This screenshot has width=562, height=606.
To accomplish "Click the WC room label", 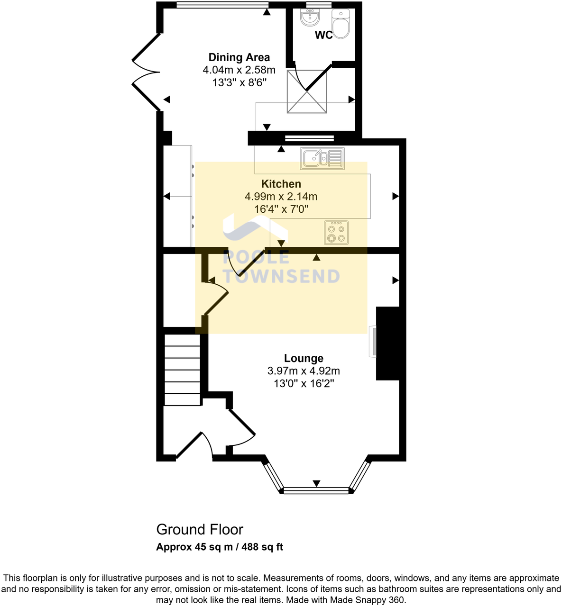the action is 323,36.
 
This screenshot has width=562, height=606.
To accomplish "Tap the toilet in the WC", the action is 341,24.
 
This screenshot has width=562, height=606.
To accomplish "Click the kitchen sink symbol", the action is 322,158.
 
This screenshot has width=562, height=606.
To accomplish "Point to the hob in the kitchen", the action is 336,233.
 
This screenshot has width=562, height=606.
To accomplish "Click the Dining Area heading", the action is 239,57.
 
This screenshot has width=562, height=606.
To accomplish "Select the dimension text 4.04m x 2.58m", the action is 239,70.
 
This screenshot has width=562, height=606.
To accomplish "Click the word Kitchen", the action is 281,184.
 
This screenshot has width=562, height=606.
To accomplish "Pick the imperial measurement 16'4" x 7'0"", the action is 281,209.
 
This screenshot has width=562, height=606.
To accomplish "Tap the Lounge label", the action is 304,358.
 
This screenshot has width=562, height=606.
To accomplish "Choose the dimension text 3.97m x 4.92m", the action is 304,371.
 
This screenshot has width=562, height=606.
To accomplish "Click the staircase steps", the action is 183,370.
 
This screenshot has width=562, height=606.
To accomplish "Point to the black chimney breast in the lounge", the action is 387,344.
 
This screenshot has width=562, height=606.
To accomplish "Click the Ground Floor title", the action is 200,529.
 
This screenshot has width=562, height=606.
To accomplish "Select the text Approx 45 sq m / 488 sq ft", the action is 220,547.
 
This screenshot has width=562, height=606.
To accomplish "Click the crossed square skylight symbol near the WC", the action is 307,91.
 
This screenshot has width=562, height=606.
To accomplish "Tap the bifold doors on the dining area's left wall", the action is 146,72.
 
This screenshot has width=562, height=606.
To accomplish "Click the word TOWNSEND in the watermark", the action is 281,276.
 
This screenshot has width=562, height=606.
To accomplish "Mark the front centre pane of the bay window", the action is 316,491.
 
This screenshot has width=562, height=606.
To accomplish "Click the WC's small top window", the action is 319,5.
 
